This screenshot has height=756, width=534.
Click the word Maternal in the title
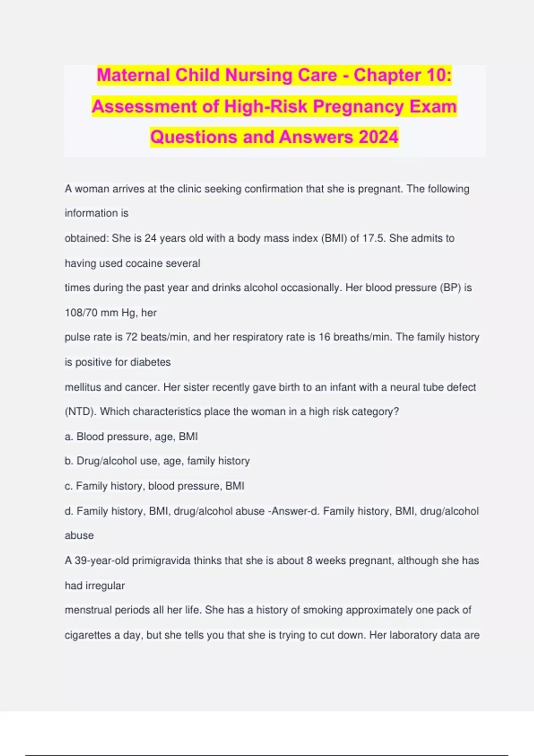(x=133, y=75)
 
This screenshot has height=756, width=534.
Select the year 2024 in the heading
(x=378, y=137)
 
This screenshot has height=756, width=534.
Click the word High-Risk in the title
(x=266, y=106)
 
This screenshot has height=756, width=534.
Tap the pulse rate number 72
(x=131, y=337)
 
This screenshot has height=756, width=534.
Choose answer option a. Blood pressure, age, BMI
(x=131, y=437)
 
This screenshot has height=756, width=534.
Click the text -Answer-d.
(x=293, y=511)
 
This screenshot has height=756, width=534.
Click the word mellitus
(x=83, y=387)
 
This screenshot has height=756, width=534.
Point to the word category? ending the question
(x=375, y=412)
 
